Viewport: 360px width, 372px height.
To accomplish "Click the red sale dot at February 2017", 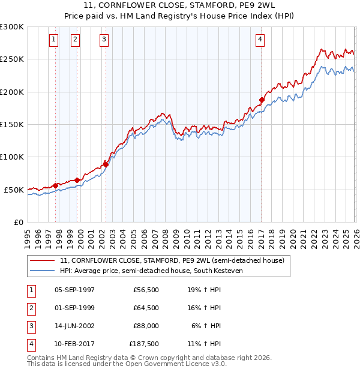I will pos(262,100).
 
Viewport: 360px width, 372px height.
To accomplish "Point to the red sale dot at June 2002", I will pos(106,164).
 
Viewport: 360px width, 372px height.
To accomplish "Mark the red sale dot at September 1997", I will pos(56,185).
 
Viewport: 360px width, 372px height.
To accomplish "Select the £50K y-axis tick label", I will pos(14,190).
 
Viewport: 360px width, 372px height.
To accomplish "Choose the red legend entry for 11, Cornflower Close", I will pos(175,260).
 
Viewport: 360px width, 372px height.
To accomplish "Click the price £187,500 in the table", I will pos(144,344).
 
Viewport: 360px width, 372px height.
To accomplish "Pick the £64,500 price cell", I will pos(146,308).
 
